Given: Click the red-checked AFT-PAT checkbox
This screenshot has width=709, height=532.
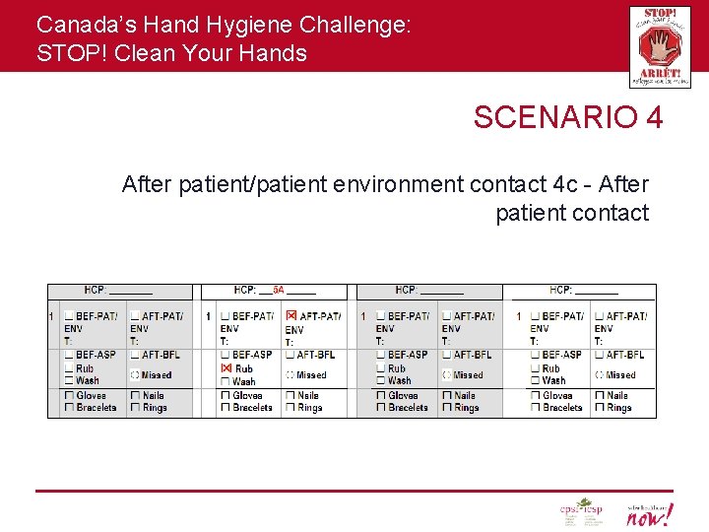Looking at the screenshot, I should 291,315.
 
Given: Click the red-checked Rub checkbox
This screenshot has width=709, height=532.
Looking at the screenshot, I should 226,368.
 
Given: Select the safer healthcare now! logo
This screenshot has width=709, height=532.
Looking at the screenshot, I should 649,512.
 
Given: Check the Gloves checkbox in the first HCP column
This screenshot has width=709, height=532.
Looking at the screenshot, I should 69,396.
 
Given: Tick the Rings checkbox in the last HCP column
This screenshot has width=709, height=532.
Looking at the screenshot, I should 599,408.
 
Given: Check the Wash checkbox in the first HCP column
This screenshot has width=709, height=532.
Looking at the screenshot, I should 69,380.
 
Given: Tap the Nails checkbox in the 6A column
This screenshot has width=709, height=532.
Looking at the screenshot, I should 290,396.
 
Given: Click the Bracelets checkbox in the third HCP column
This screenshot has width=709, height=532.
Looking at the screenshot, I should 381,408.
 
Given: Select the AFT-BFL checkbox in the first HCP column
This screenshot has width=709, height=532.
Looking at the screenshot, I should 135,355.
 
